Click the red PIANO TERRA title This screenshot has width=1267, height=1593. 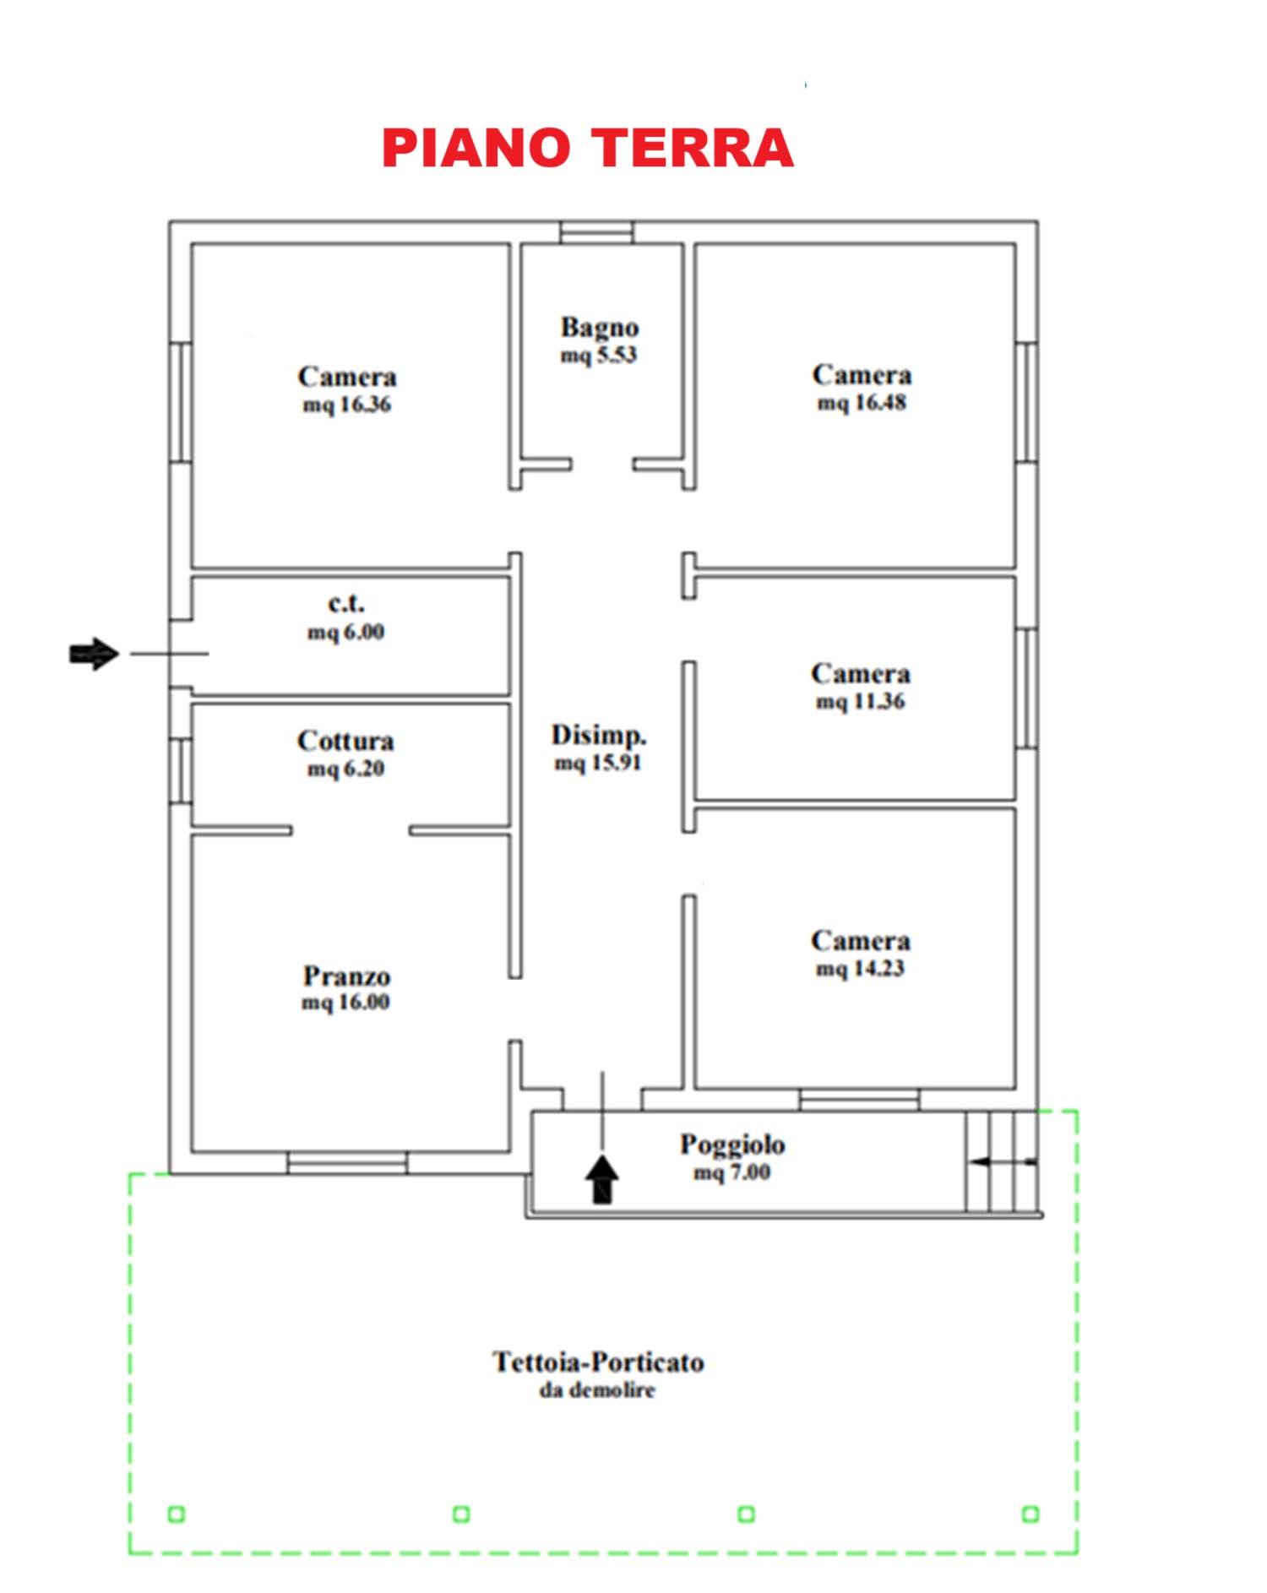(588, 149)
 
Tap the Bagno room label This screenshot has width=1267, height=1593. (600, 327)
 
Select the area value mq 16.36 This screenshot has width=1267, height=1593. (347, 405)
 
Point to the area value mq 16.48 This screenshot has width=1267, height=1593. (862, 403)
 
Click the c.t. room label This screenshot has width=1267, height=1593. (346, 604)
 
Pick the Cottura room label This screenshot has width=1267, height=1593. (345, 741)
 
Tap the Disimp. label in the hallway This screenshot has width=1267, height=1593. (599, 735)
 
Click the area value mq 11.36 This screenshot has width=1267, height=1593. (861, 702)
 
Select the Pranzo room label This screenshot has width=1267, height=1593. (346, 976)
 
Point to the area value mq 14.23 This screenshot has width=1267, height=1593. (861, 969)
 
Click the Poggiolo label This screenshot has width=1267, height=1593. (732, 1145)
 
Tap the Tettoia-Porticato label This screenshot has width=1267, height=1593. (598, 1362)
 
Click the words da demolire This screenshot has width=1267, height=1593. (597, 1389)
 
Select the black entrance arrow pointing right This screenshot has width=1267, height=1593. (94, 654)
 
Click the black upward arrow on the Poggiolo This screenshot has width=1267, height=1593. (601, 1179)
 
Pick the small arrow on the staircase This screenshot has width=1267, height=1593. (1003, 1162)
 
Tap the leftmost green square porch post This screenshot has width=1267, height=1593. (176, 1514)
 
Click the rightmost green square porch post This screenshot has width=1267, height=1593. (1030, 1514)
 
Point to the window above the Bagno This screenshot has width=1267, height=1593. (597, 232)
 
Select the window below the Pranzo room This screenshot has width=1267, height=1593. (347, 1163)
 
